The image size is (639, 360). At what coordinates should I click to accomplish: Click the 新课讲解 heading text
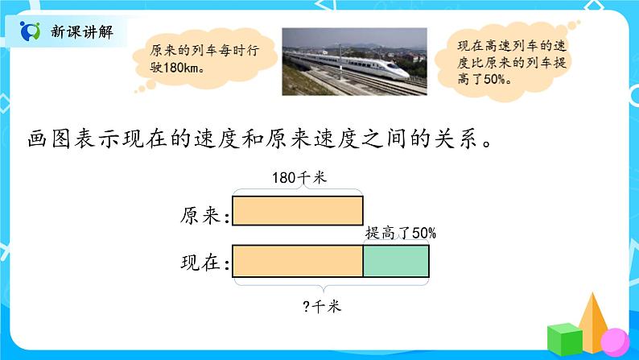pos(81,32)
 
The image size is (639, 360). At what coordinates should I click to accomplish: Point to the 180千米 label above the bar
pos(299,179)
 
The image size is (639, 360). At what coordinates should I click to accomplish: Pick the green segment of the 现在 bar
pos(396,262)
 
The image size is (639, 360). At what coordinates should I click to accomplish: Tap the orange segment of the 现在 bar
pos(298,262)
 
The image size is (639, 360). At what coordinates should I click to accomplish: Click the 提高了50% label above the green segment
pos(401,233)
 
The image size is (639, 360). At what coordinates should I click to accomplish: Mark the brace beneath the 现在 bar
pos(330,286)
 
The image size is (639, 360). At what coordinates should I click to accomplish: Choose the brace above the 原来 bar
pos(298,192)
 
